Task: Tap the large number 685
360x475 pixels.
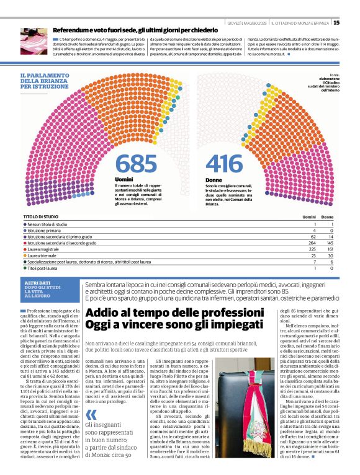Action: tap(136, 164)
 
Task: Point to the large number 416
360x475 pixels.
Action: tap(224, 164)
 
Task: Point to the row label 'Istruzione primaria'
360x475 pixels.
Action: tap(47, 230)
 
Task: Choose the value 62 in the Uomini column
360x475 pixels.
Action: tap(313, 236)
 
